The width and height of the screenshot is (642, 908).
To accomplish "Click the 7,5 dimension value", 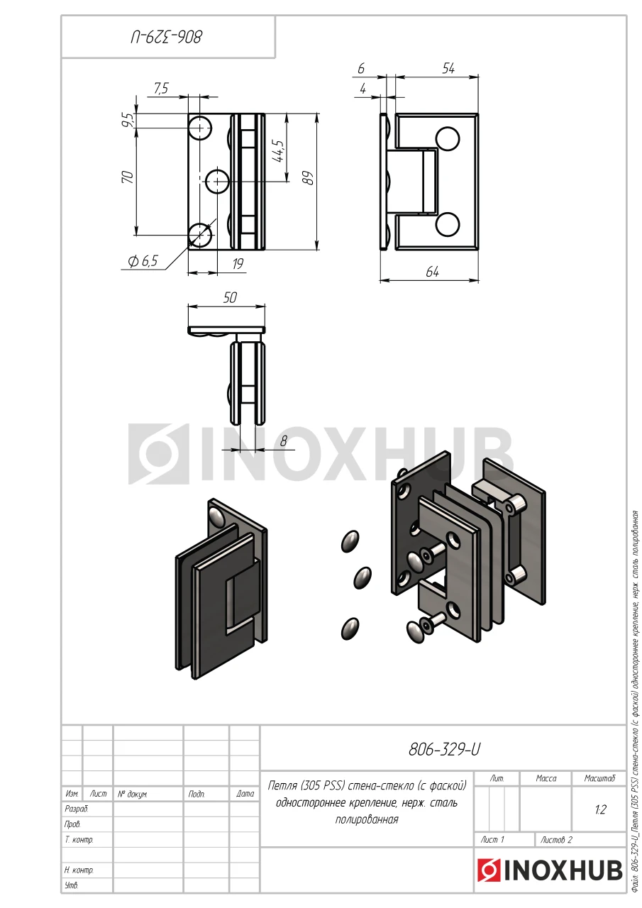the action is point(161,88).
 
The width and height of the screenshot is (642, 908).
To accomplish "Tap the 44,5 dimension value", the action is point(279,151).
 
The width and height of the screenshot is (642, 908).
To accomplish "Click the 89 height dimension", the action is point(309,178).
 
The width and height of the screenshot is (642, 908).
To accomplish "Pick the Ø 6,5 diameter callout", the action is point(143,261).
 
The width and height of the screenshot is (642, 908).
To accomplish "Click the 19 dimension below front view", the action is point(238,264).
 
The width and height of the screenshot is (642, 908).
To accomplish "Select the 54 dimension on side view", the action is point(448,69).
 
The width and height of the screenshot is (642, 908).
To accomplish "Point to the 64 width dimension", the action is point(433,272).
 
